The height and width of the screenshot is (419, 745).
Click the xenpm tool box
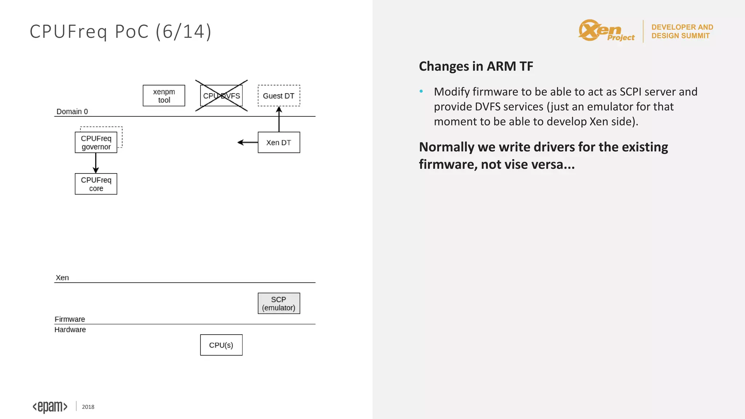164,96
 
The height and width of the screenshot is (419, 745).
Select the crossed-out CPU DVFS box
221,96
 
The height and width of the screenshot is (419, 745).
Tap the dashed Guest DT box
279,96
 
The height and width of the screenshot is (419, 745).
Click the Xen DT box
279,143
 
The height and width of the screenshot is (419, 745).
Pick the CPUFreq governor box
96,143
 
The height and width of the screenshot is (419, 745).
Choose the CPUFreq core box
96,184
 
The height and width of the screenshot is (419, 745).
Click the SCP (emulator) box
279,303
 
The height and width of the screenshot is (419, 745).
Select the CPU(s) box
221,345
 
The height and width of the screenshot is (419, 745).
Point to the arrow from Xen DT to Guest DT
279,119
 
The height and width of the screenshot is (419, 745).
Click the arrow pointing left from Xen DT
248,143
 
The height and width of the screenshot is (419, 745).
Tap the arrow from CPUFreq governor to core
96,163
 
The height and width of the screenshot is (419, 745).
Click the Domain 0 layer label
72,112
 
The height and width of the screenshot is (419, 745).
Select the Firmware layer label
70,319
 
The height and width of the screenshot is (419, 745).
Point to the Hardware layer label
70,330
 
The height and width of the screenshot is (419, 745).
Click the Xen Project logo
606,31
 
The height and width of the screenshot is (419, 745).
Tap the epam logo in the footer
50,407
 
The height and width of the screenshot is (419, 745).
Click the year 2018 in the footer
88,407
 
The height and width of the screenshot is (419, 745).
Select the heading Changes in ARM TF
476,66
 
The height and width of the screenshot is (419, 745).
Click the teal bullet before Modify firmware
421,91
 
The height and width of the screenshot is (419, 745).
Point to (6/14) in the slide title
183,32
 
